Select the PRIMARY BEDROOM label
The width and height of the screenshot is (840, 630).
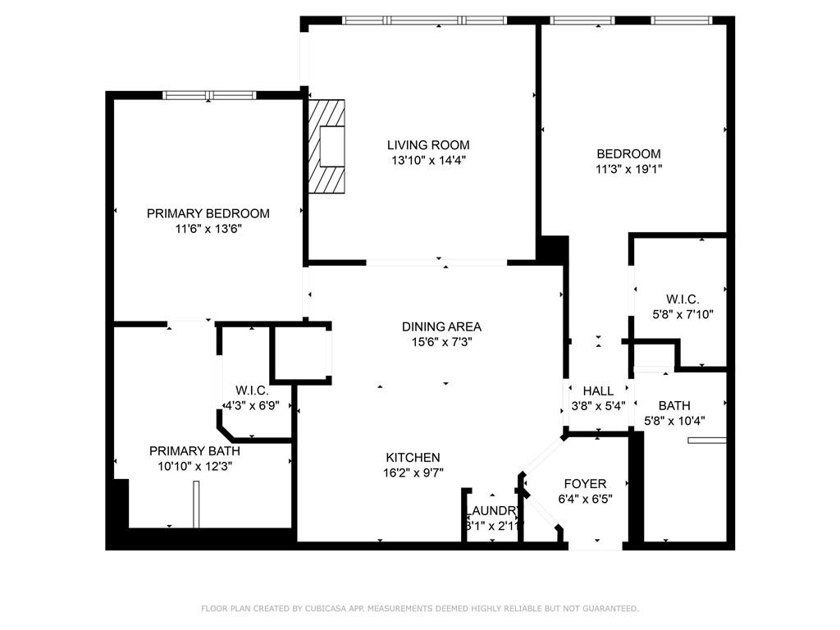coord(208,213)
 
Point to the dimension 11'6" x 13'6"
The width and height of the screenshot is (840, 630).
coord(208,229)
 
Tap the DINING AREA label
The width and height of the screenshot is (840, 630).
coord(441,326)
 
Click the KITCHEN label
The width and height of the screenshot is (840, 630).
coord(413,458)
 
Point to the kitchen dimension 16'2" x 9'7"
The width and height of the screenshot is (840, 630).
coord(413,473)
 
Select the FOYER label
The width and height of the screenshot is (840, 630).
coord(584,484)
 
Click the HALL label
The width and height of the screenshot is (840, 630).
coord(598,390)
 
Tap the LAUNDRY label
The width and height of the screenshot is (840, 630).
coord(493,510)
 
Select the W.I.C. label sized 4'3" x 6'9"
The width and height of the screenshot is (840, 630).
coord(252,390)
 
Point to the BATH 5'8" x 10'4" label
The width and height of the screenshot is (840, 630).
coord(674,405)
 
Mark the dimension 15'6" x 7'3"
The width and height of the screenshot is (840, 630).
coord(441,342)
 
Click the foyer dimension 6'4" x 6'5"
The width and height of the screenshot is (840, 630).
coord(585,499)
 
